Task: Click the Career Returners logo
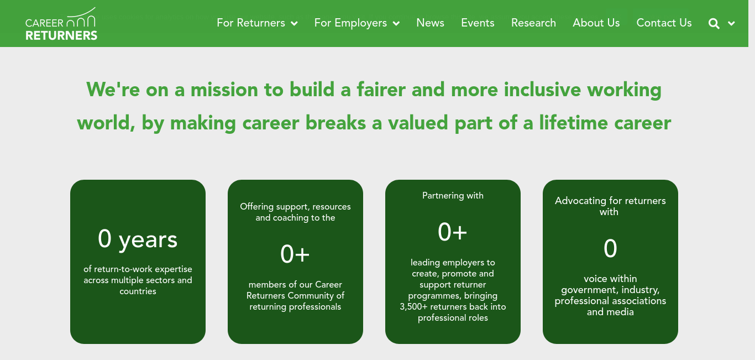61,24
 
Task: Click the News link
430,23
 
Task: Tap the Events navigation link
478,23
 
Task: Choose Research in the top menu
533,23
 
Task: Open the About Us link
596,23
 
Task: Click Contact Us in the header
664,23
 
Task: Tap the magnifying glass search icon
714,24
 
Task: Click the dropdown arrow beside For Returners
294,24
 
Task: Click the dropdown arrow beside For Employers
396,24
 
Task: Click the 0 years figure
138,239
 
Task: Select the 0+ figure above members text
295,254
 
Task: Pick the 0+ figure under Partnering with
452,232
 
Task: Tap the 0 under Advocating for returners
610,248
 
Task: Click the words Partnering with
453,196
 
